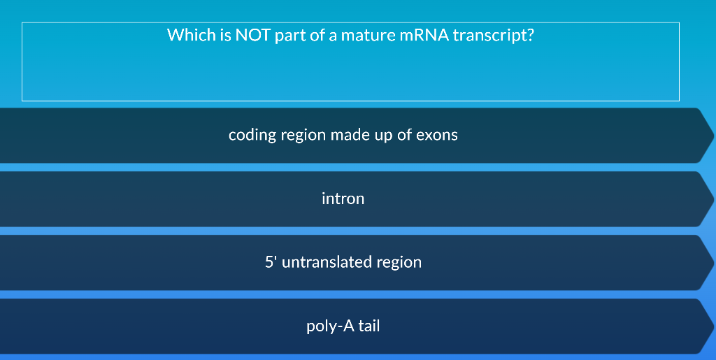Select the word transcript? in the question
coord(494,36)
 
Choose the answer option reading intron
coord(343,199)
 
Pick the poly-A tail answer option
coord(343,326)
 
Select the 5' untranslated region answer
coord(343,262)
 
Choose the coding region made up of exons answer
coord(343,135)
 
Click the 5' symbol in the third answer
coord(271,262)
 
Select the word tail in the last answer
coord(369,326)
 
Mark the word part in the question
coord(290,36)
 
